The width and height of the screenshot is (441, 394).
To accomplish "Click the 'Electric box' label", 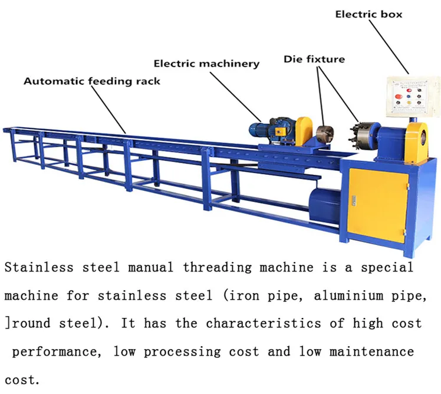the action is (368, 14).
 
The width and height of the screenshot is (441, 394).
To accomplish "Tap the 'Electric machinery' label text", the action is (206, 63).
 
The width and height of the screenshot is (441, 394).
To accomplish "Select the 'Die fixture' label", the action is (314, 59).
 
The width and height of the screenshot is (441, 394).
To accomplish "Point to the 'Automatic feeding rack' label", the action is (91, 81).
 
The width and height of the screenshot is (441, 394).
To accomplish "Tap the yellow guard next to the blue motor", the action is (304, 130).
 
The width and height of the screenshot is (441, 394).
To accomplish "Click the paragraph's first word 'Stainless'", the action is (38, 267).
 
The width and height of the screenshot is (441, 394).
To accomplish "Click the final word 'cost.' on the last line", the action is (22, 380).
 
